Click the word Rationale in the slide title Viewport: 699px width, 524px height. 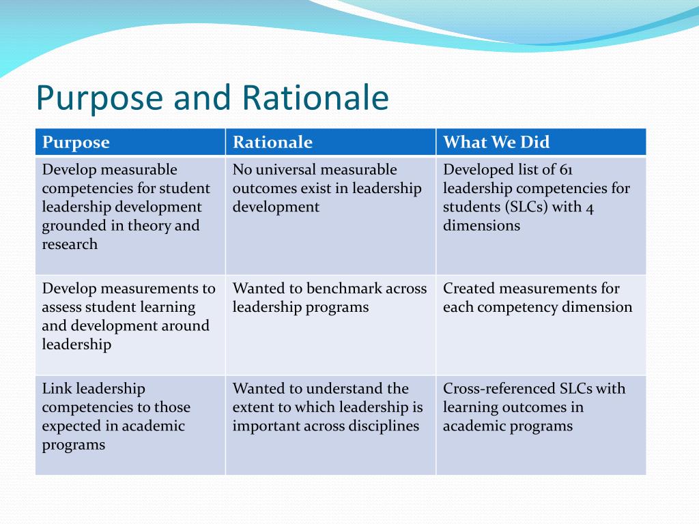[x=315, y=98]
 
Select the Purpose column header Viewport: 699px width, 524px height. [x=76, y=142]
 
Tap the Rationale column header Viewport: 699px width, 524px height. [x=272, y=142]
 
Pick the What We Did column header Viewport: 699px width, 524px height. [x=496, y=142]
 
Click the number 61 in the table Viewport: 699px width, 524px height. [x=566, y=170]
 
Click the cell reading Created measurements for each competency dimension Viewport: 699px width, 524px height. [x=541, y=324]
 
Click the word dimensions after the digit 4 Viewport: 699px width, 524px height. [x=481, y=226]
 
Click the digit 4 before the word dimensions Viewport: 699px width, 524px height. [x=590, y=207]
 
